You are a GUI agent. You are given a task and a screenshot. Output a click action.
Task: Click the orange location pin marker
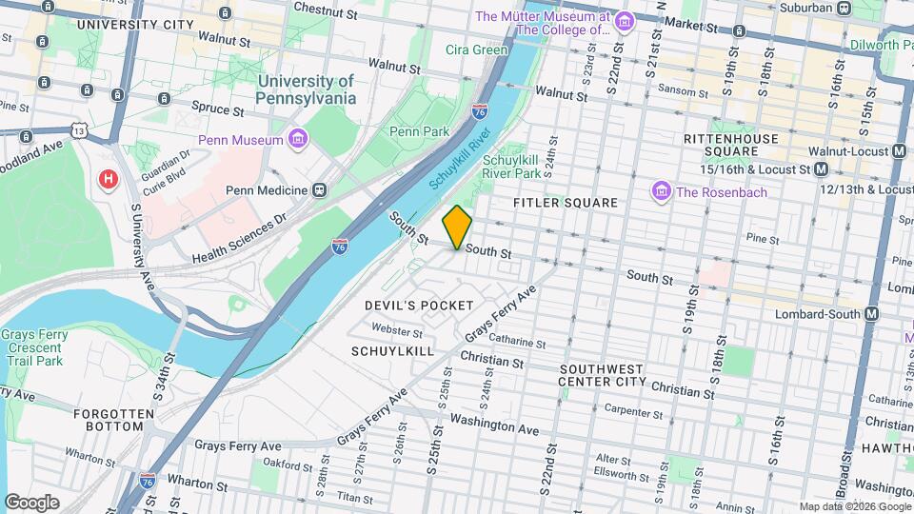pos(457,227)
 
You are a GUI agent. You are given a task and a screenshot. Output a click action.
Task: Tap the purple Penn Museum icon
pos(299,140)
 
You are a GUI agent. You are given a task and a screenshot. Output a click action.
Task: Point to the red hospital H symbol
pos(109,178)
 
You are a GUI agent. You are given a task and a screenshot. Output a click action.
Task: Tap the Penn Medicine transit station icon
pos(319,190)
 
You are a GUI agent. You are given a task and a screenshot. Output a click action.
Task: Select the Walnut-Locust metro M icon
pos(899,151)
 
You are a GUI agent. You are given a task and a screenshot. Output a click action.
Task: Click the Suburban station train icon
pos(844,8)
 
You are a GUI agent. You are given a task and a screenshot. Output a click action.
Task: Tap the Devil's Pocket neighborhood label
pos(419,306)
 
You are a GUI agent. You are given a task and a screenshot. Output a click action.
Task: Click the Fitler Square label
pos(565,203)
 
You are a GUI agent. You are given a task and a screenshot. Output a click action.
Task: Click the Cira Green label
pos(477,49)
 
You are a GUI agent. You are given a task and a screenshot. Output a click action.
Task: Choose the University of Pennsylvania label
pos(305,90)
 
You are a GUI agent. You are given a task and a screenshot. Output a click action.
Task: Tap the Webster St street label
pos(397,332)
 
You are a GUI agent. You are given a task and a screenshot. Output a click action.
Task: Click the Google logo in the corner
pos(31,503)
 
